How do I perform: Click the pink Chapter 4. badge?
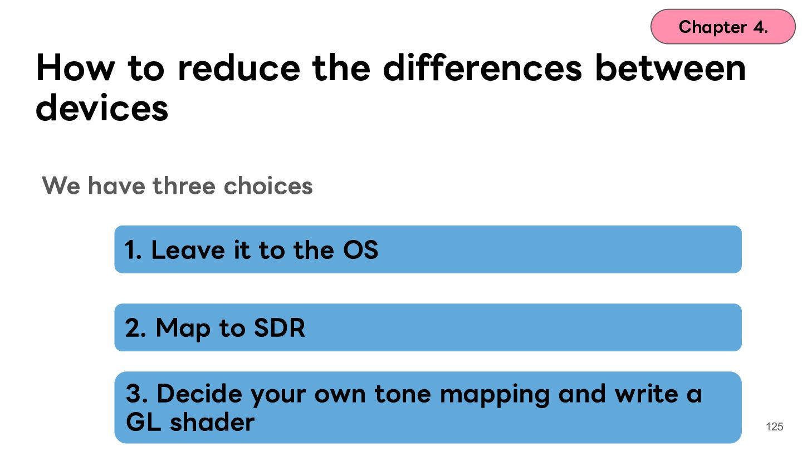click(x=723, y=27)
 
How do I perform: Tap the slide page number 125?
click(x=774, y=427)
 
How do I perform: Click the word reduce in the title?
click(x=239, y=68)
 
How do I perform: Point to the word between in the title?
click(x=670, y=67)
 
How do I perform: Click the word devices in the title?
click(x=102, y=107)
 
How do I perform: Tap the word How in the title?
click(x=76, y=68)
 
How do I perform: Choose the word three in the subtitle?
click(x=184, y=185)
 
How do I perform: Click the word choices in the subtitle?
click(x=268, y=185)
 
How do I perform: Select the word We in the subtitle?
click(x=61, y=186)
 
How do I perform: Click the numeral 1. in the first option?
click(x=133, y=249)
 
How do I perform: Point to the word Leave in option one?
click(x=188, y=249)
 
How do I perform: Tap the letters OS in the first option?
click(x=360, y=249)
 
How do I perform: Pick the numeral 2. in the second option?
click(x=135, y=327)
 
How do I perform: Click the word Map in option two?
click(x=183, y=329)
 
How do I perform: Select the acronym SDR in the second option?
click(x=279, y=327)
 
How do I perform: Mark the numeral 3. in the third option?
click(x=137, y=393)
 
